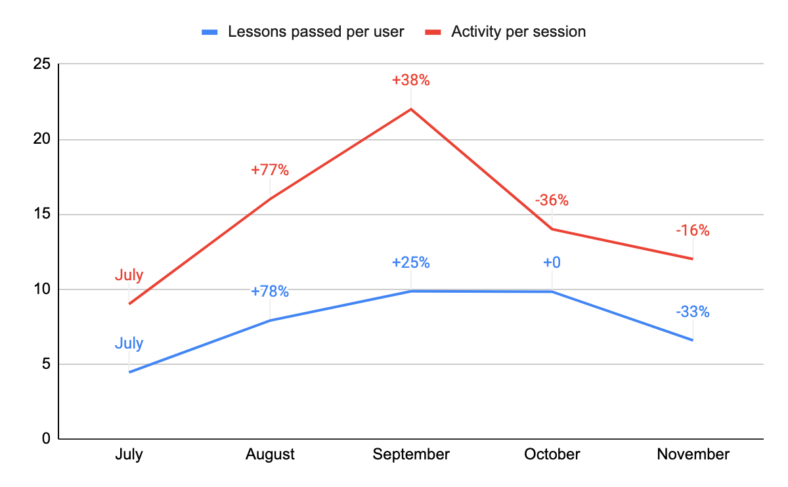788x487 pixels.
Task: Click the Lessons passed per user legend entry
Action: [315, 32]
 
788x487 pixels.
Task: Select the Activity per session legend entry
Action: [518, 32]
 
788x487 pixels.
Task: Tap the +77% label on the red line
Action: [270, 170]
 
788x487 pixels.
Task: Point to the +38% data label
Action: [411, 81]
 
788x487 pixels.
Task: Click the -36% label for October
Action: [552, 200]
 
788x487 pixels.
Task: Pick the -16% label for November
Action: [693, 230]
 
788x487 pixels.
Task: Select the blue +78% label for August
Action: [270, 291]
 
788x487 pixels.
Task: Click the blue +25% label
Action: [411, 263]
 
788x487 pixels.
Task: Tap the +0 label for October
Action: [552, 263]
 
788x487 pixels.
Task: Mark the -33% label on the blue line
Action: [693, 312]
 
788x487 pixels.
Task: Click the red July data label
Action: [129, 275]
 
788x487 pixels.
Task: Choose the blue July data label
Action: [129, 343]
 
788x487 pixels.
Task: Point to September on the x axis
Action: [411, 454]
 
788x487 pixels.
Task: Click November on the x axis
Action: [693, 454]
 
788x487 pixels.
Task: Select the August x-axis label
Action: [270, 454]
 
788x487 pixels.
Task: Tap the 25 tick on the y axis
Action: [41, 64]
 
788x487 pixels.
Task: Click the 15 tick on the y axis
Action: [41, 215]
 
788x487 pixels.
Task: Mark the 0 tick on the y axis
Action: [45, 438]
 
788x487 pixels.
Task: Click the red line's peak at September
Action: [411, 109]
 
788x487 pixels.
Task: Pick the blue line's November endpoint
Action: [693, 340]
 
